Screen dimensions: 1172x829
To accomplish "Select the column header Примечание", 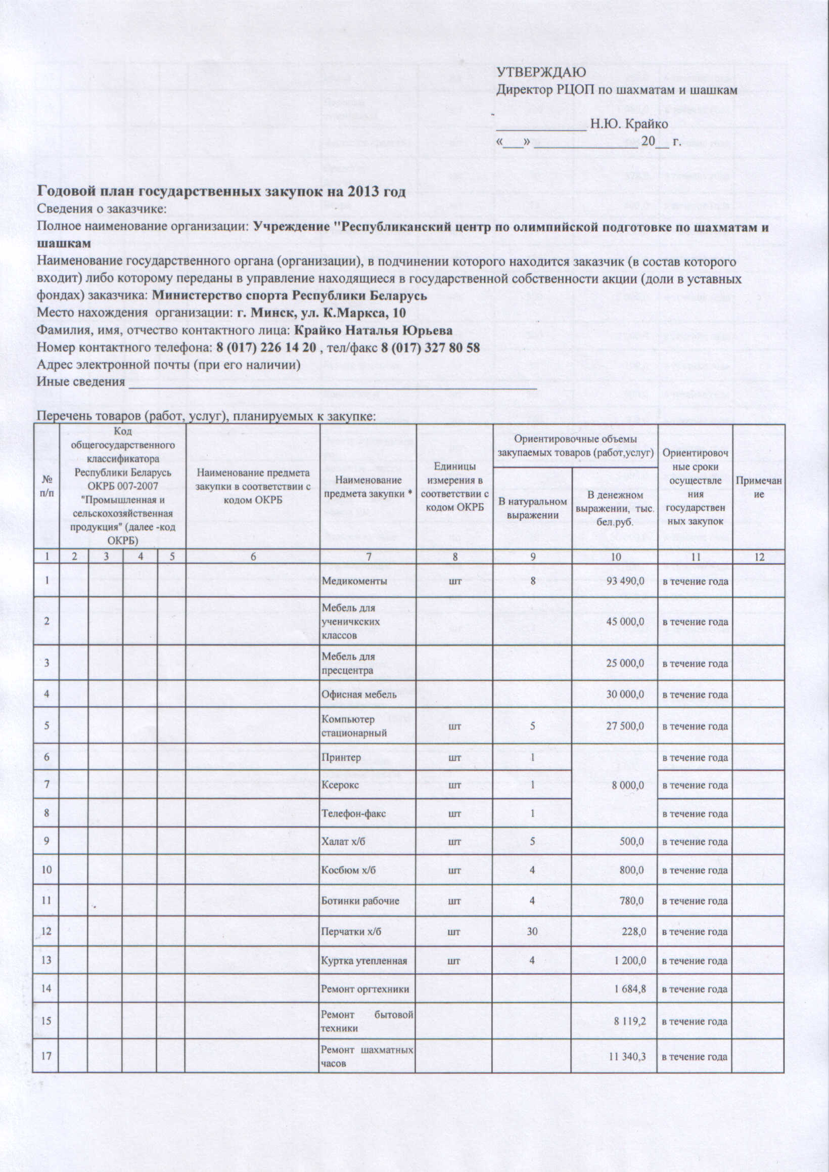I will (x=759, y=488).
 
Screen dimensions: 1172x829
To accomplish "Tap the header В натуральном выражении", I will (x=532, y=508).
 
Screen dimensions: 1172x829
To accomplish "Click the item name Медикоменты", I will (x=354, y=581).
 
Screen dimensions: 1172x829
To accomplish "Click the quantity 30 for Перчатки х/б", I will (x=532, y=931).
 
